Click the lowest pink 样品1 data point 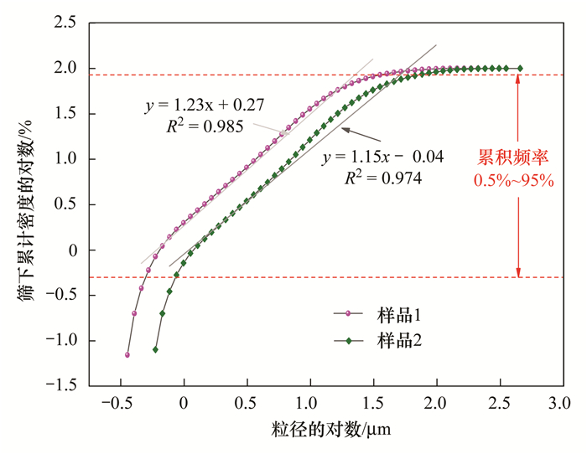tap(127, 354)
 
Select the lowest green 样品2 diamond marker tap(155, 349)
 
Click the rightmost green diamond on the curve tap(520, 68)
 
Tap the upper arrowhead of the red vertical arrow tap(518, 79)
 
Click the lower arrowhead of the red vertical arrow tap(518, 272)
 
